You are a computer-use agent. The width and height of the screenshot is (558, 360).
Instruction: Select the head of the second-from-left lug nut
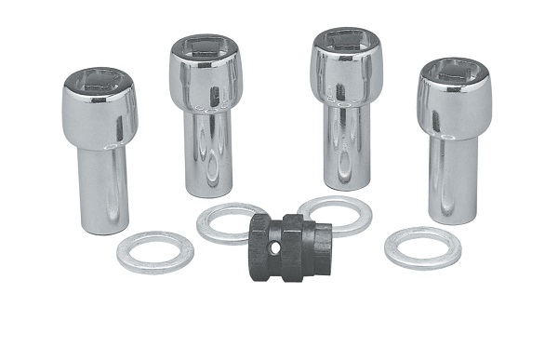[x=206, y=79]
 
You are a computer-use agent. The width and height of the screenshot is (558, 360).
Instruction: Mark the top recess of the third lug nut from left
[x=347, y=41]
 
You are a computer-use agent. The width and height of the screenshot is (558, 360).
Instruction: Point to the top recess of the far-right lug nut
[x=454, y=70]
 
